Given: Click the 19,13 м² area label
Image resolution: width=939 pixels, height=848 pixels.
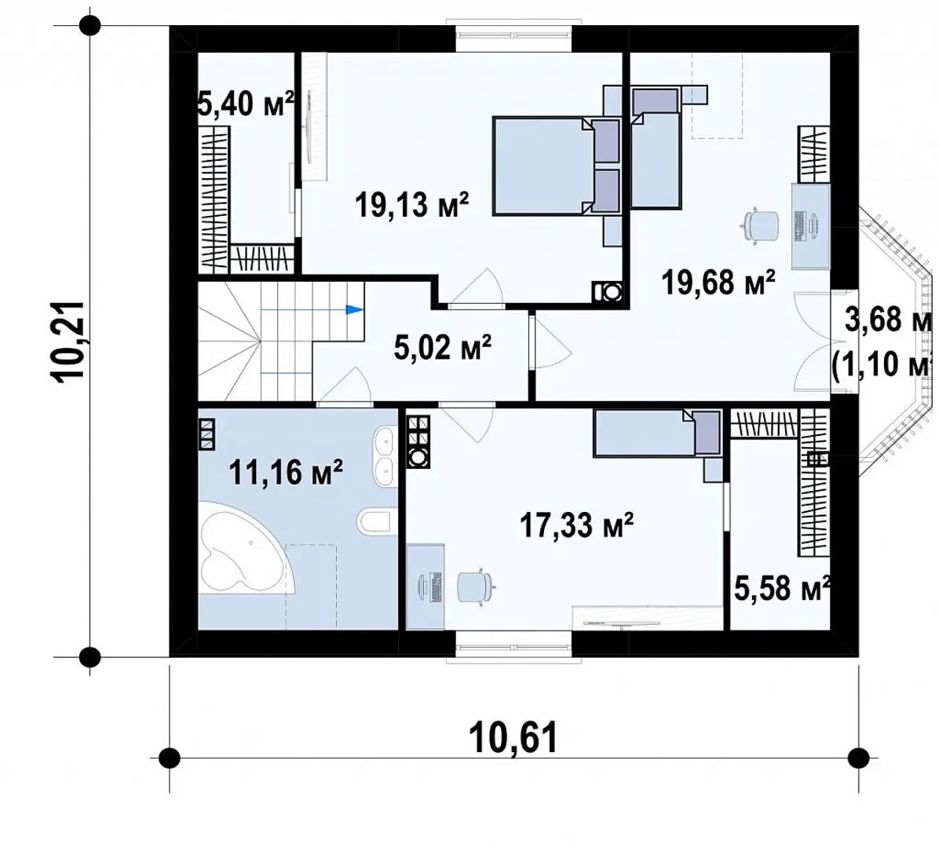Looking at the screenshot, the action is click(411, 205).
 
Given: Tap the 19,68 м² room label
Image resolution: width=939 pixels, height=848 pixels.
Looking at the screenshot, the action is click(718, 281).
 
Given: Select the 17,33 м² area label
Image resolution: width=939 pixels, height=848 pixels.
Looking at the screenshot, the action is click(576, 525).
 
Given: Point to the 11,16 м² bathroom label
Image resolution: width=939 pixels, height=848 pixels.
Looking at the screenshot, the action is click(286, 472).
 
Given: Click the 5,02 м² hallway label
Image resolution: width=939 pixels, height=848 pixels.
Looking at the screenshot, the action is click(443, 347).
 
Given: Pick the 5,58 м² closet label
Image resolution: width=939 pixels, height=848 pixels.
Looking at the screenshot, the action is click(782, 589).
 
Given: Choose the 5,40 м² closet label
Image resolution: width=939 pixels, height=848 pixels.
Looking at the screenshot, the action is click(246, 104).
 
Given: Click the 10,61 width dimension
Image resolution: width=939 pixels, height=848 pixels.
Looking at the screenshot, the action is click(513, 737).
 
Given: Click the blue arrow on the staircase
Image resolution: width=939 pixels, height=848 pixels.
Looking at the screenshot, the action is click(355, 309).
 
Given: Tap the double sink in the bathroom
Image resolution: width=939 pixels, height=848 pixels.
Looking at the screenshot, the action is click(383, 456).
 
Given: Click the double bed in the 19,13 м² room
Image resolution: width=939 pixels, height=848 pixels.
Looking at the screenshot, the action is click(557, 166).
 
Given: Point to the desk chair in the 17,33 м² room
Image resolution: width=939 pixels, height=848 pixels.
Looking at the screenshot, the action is click(476, 587).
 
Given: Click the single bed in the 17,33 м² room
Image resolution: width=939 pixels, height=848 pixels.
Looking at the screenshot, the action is click(657, 433).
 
